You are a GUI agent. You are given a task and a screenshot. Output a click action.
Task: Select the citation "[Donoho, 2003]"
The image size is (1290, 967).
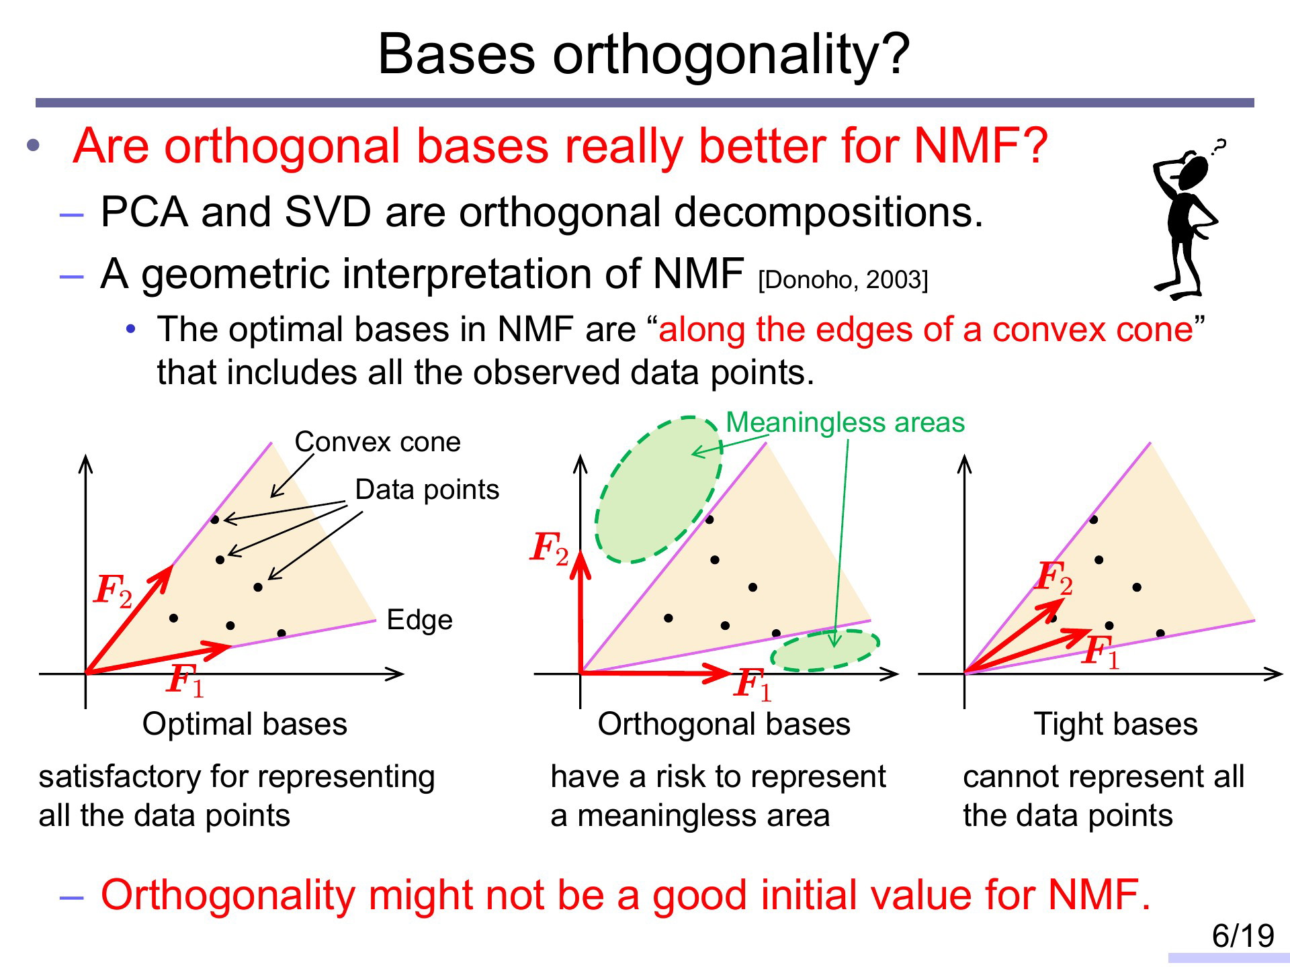pos(843,279)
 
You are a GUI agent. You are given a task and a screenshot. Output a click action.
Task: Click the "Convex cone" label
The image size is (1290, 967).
pos(378,442)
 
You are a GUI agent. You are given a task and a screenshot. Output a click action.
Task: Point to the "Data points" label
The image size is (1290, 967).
pos(427,490)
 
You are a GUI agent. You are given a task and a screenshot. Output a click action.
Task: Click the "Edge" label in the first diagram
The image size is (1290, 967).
pos(420,620)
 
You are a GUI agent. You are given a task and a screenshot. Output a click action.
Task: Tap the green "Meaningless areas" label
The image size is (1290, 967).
pos(845,422)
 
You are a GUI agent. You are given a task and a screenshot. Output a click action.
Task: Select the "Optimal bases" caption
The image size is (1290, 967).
pos(245,724)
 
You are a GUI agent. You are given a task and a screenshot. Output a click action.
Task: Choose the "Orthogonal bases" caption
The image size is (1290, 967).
pos(724,724)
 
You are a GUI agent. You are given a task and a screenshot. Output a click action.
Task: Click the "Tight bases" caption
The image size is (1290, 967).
pos(1116,724)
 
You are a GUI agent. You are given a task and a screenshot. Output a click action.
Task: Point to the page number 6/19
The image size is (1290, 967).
pos(1243,935)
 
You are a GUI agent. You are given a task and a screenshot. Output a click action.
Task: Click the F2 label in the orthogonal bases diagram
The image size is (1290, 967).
pos(550,549)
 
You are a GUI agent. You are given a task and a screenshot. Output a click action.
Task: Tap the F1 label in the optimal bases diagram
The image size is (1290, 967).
pos(185,680)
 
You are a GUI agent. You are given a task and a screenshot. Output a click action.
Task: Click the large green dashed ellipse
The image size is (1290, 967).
pos(658,489)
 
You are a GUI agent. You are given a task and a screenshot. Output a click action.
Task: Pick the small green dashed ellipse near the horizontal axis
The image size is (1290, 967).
pos(825,650)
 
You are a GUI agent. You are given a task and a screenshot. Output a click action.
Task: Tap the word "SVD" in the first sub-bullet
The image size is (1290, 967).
pos(328,212)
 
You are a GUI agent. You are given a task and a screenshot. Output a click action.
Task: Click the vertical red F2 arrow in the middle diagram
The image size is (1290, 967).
pos(580,612)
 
